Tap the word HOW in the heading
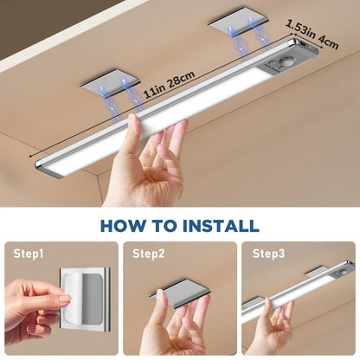(x=126, y=226)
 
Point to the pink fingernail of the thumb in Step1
(x=63, y=299)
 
